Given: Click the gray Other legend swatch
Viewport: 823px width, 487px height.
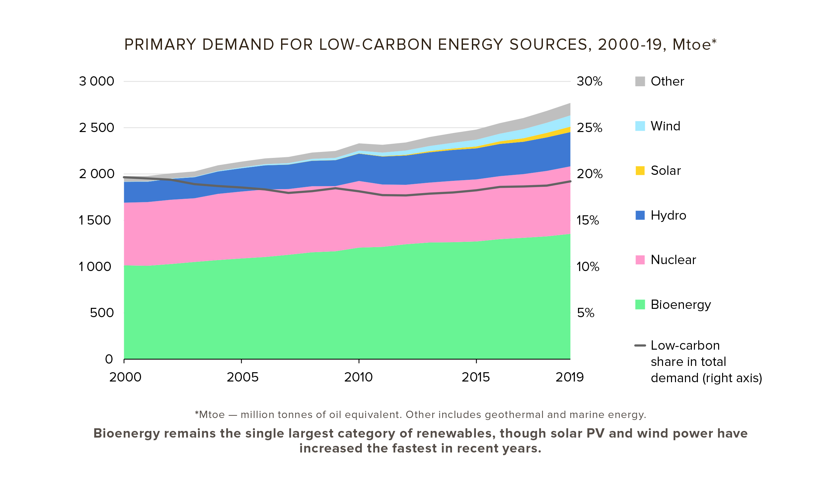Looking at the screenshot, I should pyautogui.click(x=640, y=81).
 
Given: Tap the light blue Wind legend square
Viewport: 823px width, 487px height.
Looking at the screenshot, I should pyautogui.click(x=640, y=126).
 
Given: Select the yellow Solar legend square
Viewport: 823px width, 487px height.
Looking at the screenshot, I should pyautogui.click(x=640, y=171).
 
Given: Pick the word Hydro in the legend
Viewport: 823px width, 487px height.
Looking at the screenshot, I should pyautogui.click(x=668, y=215).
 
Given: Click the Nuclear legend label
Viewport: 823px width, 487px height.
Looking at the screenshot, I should pyautogui.click(x=673, y=260).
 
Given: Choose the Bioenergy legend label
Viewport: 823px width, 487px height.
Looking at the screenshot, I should pyautogui.click(x=680, y=305).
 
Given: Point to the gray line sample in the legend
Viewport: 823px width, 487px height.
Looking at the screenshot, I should pyautogui.click(x=640, y=346).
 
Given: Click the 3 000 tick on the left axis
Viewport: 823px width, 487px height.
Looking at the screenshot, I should pyautogui.click(x=96, y=81).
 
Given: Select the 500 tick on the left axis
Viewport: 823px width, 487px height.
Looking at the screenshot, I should pyautogui.click(x=102, y=313).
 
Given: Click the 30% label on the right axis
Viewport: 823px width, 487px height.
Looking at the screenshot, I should pyautogui.click(x=589, y=81).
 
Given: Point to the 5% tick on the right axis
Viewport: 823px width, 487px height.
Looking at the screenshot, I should pyautogui.click(x=585, y=313).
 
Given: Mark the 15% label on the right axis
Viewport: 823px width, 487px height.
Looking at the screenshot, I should pyautogui.click(x=587, y=220).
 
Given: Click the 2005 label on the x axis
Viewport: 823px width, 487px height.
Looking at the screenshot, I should pyautogui.click(x=242, y=377).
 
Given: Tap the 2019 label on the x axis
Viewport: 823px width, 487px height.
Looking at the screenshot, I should pyautogui.click(x=569, y=377).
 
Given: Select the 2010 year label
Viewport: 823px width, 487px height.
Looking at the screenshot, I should pyautogui.click(x=358, y=377).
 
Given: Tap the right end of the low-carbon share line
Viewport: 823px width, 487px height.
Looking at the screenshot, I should pyautogui.click(x=570, y=181).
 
